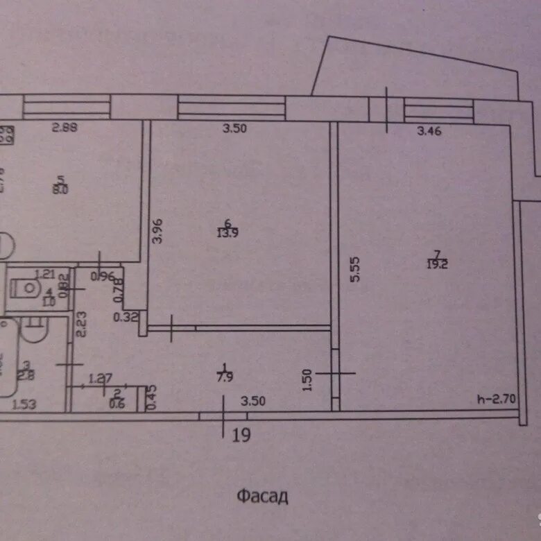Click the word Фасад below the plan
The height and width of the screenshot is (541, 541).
pos(261,496)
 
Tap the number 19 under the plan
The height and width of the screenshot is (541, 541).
pos(241,435)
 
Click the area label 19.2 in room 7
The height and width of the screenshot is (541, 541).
pos(441,264)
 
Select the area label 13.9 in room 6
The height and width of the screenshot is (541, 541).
pos(225,232)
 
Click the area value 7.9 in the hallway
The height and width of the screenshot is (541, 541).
pos(225,377)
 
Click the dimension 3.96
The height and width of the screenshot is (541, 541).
pos(159,231)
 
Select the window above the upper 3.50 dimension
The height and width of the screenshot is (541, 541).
pos(232,108)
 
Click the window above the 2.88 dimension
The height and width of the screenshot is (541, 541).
pos(67,108)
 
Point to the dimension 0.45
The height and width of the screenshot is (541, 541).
pos(152,397)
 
